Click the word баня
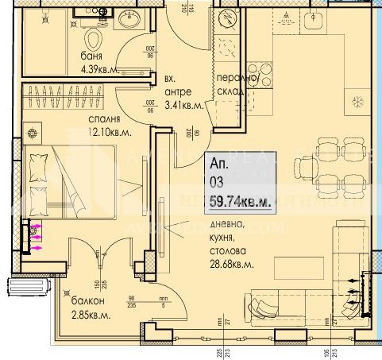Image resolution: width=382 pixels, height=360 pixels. click(92, 56)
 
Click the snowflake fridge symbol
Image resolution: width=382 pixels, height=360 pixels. click(356, 101)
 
